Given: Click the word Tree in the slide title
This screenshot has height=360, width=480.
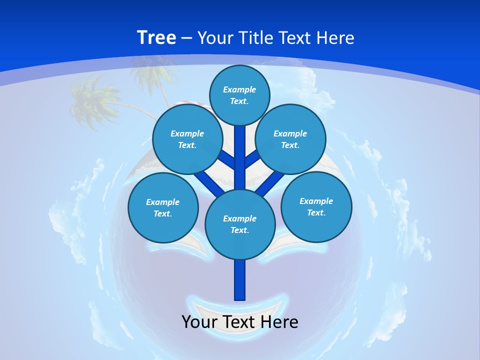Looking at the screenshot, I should (x=156, y=37).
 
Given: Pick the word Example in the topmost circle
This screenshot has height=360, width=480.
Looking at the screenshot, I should (x=239, y=90).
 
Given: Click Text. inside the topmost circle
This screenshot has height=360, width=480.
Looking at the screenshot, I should (x=239, y=101).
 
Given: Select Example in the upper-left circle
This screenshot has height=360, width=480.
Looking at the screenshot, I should (x=187, y=134).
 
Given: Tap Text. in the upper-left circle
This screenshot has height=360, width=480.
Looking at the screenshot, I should (x=187, y=145).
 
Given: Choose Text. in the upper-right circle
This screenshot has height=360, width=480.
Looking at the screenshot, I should (x=290, y=145).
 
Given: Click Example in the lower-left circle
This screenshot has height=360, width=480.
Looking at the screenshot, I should (x=163, y=202).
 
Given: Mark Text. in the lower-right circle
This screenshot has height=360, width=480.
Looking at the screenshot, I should (x=316, y=213).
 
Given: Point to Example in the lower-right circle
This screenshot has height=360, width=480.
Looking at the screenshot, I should (x=316, y=201).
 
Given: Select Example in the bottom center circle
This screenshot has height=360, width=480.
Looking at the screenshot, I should (x=240, y=218).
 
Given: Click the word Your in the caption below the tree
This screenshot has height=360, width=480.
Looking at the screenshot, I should (x=198, y=322).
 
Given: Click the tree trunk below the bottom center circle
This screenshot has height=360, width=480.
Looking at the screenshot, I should (x=240, y=280).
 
